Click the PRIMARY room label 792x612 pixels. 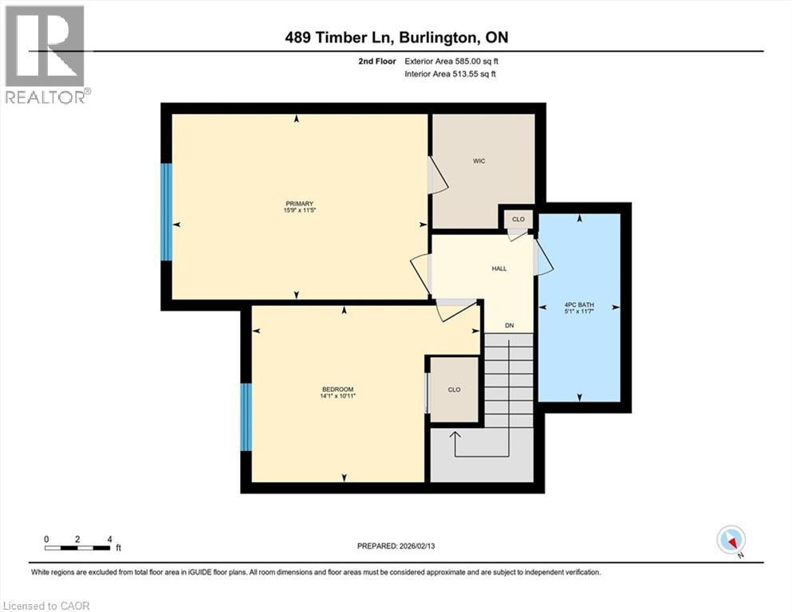(300, 203)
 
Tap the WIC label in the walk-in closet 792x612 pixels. (479, 161)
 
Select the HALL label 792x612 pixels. (499, 269)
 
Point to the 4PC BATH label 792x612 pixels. (579, 304)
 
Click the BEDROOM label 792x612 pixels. (338, 390)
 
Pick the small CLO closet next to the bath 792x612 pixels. (518, 219)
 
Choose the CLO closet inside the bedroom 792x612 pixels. (454, 390)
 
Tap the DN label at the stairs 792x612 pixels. (509, 325)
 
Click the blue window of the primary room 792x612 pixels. (167, 212)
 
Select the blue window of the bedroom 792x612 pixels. (246, 418)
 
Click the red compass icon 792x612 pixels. (731, 539)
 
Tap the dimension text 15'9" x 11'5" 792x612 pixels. (300, 210)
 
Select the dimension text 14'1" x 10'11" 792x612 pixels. (338, 396)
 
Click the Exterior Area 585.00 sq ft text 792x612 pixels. (451, 61)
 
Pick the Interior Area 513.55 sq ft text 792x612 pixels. (450, 73)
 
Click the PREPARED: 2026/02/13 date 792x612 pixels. (396, 546)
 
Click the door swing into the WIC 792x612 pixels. (438, 175)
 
